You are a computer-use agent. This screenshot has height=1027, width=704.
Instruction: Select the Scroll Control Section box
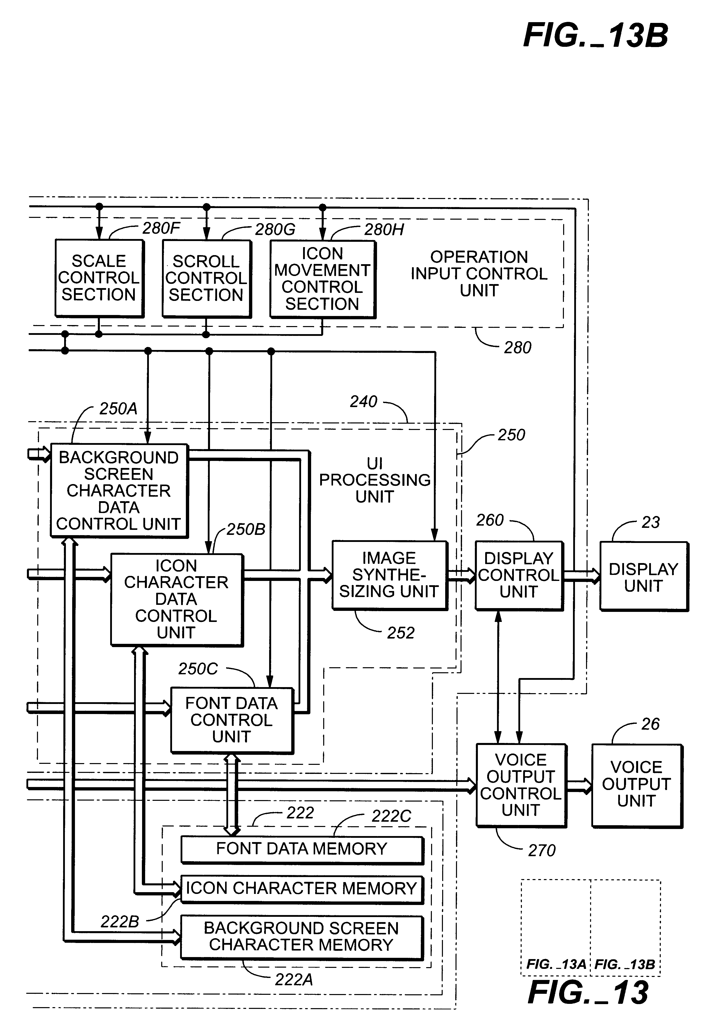tap(206, 279)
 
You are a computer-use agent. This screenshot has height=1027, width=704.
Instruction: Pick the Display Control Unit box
tap(519, 575)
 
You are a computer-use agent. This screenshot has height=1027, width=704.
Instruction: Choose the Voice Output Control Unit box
tap(521, 785)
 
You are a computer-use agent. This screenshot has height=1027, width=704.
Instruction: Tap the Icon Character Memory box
tap(302, 889)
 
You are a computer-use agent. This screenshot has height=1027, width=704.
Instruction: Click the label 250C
tap(198, 669)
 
